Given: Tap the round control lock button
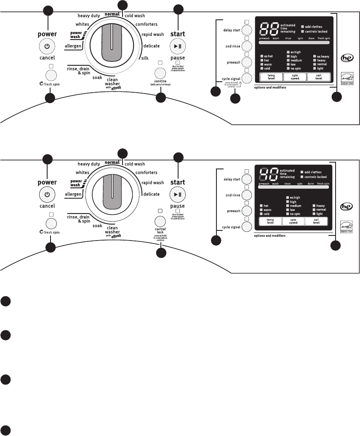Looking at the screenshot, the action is click(x=160, y=222).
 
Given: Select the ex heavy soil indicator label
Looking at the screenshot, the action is click(x=323, y=56).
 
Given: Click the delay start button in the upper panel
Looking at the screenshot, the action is click(x=247, y=30).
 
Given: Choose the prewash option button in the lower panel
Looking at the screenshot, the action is click(x=247, y=211).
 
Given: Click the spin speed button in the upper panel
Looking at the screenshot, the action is click(x=293, y=77).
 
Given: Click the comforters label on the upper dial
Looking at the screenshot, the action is click(x=147, y=24).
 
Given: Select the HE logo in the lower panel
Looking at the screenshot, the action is click(x=346, y=206).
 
